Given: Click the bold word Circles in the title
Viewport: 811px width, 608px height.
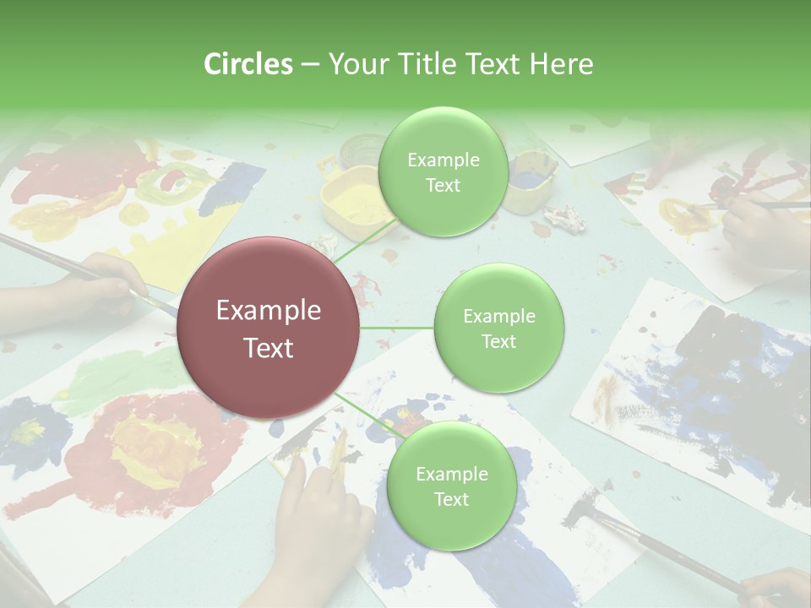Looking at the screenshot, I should click(248, 64).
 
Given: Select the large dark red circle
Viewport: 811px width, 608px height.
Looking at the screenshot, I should click(269, 328).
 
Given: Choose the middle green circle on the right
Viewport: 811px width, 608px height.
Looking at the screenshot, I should click(498, 328).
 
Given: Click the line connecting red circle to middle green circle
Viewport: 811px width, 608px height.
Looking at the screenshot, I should click(397, 328).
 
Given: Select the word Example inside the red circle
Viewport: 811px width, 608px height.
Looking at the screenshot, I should click(269, 311).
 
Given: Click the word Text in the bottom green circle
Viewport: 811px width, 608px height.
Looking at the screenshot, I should click(451, 499).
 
